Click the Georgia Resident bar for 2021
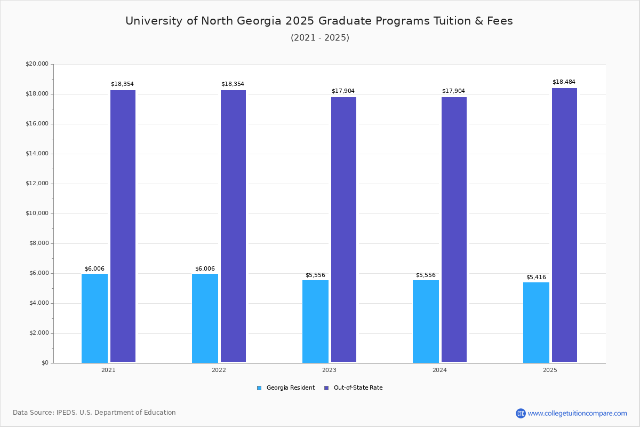click(94, 318)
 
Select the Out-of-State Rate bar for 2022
click(233, 226)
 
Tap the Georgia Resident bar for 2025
click(536, 322)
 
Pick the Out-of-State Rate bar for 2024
click(454, 230)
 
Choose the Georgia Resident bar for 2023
click(315, 321)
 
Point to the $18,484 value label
click(564, 82)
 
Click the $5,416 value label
click(536, 277)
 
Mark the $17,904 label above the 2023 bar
click(343, 91)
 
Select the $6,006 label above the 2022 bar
click(205, 268)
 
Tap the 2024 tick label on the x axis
click(439, 370)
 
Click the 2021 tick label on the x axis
click(108, 370)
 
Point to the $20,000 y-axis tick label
click(37, 64)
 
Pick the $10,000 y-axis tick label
click(37, 213)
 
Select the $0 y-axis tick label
click(44, 363)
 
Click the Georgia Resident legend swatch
click(259, 388)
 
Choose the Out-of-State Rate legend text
click(358, 388)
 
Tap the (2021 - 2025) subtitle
click(320, 37)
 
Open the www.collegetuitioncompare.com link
click(577, 413)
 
